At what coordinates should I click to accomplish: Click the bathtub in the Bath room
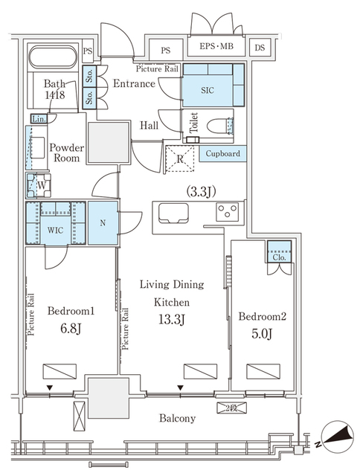53,57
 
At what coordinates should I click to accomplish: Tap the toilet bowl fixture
220,126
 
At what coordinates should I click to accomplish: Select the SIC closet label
208,90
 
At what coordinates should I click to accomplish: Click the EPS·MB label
216,46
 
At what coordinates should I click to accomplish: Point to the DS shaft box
260,48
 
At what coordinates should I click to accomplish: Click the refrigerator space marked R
180,158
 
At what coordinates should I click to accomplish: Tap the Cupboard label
223,154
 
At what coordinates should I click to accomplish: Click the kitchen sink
173,213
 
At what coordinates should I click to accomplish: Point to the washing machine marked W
39,185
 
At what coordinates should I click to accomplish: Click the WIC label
55,230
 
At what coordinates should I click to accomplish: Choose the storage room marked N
103,223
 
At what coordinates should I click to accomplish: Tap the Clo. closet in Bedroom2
279,252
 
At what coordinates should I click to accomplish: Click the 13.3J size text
172,320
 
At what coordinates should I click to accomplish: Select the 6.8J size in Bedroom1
71,329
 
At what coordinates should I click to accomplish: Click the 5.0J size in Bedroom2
262,334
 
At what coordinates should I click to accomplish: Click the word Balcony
178,419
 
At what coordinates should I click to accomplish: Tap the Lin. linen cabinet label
39,119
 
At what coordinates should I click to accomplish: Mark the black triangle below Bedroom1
50,388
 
